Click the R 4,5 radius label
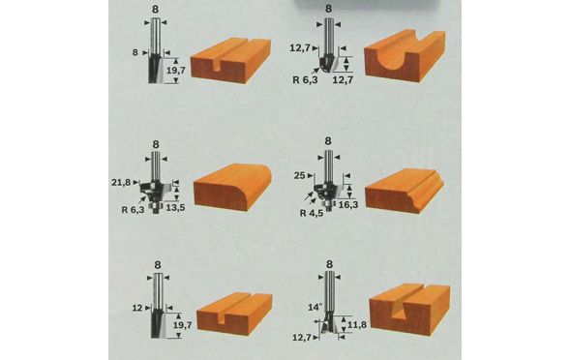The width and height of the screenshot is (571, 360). [x=312, y=213]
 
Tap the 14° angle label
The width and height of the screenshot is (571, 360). [x=316, y=307]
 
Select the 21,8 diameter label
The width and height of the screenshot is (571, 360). [x=121, y=182]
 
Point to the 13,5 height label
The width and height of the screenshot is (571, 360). [x=175, y=207]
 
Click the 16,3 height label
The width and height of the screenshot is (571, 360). [x=348, y=204]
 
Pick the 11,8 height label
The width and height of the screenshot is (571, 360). [x=356, y=324]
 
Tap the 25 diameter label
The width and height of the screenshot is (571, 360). [x=299, y=176]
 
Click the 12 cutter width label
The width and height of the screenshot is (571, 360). [x=136, y=308]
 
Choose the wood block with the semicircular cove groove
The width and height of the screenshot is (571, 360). [x=405, y=55]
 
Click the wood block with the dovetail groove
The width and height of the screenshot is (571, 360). [x=409, y=308]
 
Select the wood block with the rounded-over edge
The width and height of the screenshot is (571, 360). [x=232, y=187]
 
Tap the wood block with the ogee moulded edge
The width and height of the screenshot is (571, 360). [x=405, y=191]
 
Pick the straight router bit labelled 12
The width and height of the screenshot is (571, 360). [x=158, y=306]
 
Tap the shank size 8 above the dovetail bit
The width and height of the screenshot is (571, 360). [x=330, y=264]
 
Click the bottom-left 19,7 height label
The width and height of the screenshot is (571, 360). [x=182, y=325]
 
